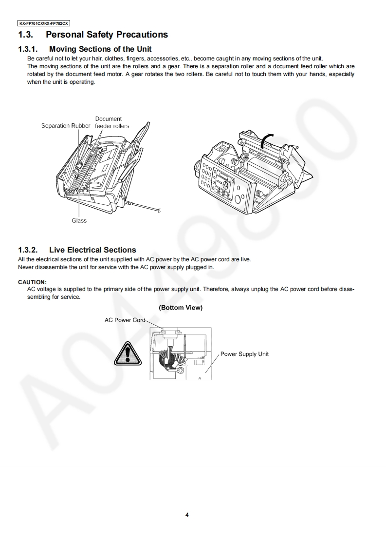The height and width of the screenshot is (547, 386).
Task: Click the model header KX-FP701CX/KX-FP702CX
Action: point(44,23)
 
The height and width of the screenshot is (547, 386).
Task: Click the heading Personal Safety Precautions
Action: point(107,35)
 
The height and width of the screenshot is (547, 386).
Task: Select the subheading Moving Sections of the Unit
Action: point(100,49)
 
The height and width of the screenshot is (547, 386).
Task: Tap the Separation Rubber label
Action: point(66,126)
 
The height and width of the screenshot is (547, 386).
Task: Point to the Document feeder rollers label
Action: point(111,122)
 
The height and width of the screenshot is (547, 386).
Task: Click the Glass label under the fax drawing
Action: point(79,221)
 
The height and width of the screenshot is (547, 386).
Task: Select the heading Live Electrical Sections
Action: point(92,250)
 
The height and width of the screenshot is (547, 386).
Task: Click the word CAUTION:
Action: point(32,282)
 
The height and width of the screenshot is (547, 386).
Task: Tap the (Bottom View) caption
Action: point(181,308)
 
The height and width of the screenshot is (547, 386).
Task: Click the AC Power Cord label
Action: point(125,320)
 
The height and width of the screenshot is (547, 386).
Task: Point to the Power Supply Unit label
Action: point(244,354)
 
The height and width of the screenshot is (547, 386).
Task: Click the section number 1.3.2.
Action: point(28,250)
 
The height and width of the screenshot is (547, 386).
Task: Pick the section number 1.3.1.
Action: point(28,49)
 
